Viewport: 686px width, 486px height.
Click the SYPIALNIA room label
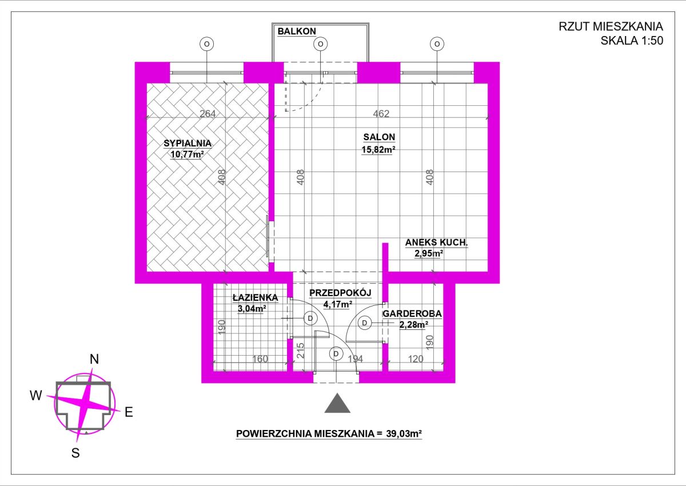click(x=188, y=144)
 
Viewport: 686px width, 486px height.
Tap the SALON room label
click(x=379, y=137)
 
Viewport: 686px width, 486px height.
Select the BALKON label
click(x=297, y=31)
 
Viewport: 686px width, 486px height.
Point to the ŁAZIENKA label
click(x=256, y=297)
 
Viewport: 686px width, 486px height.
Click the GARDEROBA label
click(x=412, y=313)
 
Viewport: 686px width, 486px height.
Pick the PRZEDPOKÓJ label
click(x=340, y=293)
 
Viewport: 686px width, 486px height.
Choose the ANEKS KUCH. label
click(x=437, y=242)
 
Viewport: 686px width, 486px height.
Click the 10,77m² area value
click(x=187, y=154)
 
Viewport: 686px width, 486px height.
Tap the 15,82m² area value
click(x=378, y=149)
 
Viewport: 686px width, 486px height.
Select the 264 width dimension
click(x=208, y=114)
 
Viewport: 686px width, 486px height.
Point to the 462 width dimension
click(x=381, y=114)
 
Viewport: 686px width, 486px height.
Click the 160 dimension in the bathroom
click(x=260, y=358)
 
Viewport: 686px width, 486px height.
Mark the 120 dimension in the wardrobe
click(x=416, y=358)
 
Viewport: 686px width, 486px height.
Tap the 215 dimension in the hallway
click(x=301, y=350)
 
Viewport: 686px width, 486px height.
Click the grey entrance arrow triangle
click(x=337, y=403)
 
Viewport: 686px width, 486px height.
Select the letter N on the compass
click(x=94, y=359)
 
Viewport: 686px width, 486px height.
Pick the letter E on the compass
click(x=129, y=412)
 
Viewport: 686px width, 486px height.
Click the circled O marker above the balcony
click(x=320, y=44)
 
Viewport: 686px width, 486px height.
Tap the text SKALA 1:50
click(x=632, y=41)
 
